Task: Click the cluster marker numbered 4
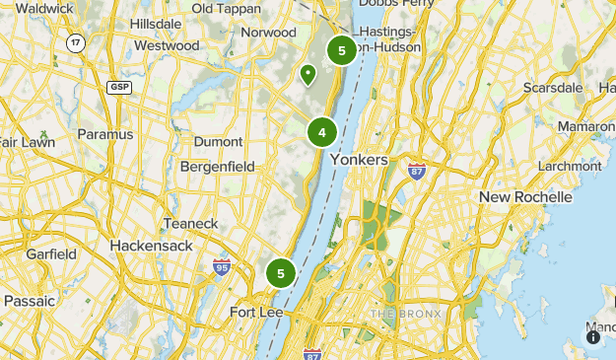point(321,132)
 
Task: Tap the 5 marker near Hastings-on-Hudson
point(341,50)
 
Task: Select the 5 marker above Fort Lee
point(281,273)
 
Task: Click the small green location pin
point(308,73)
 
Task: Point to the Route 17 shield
point(75,42)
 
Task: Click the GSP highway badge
point(119,88)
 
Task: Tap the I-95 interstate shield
point(222,266)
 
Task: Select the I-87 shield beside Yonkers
point(417,171)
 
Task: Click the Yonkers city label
point(360,160)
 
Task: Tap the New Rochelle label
point(525,197)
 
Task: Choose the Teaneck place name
point(191,223)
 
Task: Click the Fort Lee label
point(256,313)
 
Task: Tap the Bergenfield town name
point(218,166)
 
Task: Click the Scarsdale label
point(553,88)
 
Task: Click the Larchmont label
point(570,166)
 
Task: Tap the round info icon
point(593,337)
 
